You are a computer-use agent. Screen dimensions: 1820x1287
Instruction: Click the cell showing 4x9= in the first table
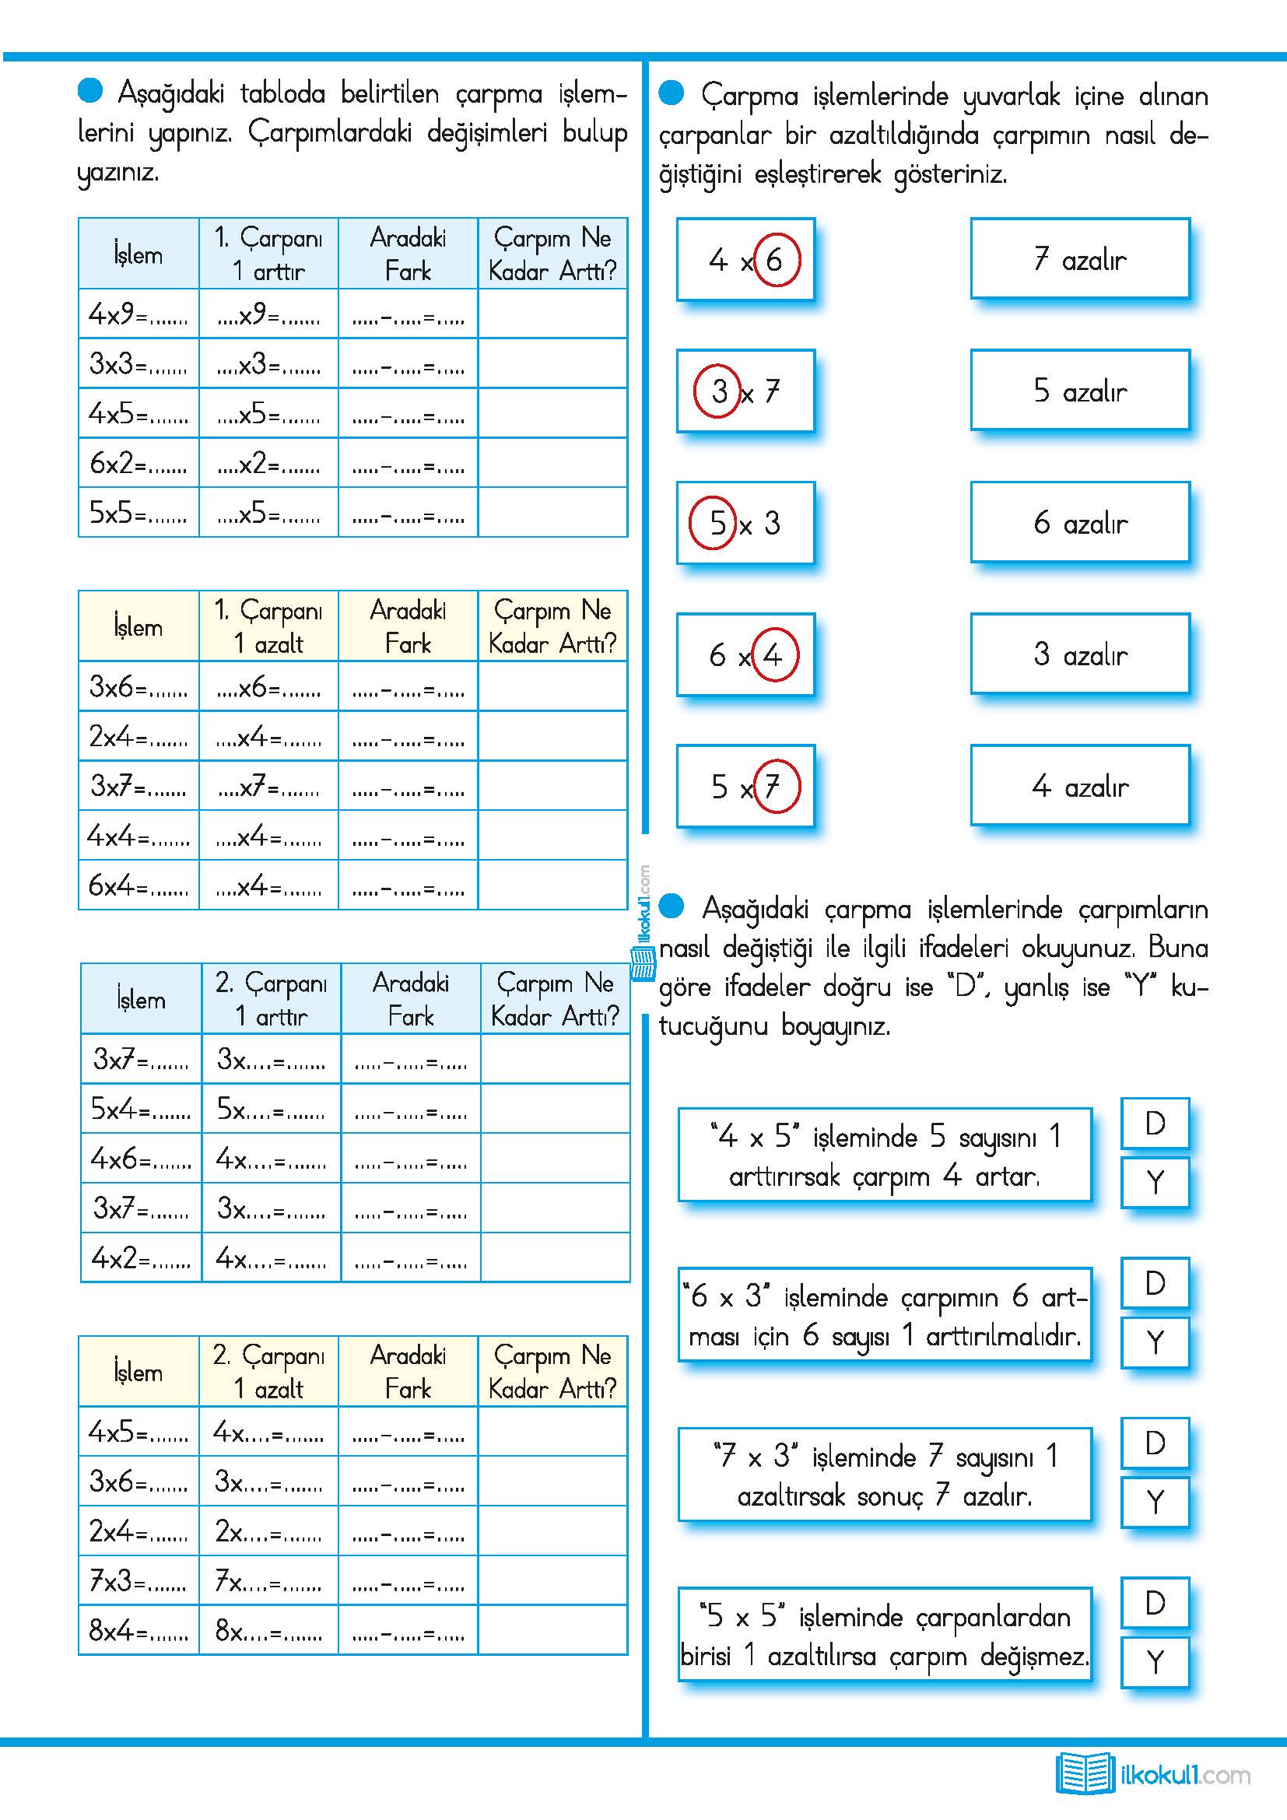tap(138, 314)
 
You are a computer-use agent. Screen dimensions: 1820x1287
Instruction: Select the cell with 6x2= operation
tap(138, 462)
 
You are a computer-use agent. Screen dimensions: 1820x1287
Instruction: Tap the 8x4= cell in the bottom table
tap(138, 1631)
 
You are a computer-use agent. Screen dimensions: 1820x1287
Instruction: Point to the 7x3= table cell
tap(138, 1580)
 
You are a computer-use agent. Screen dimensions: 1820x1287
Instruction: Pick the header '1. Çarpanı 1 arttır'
tap(268, 254)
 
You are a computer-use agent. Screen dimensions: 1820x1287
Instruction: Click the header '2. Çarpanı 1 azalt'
tap(268, 1371)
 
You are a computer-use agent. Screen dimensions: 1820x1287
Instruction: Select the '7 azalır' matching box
tap(1079, 259)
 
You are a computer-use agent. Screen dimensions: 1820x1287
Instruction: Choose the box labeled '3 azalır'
tap(1079, 654)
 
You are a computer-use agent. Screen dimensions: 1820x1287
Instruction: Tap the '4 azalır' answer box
tap(1079, 787)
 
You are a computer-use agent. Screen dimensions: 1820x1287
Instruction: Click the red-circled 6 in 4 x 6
tap(775, 259)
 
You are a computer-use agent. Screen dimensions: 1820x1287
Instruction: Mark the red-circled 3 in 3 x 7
tap(718, 391)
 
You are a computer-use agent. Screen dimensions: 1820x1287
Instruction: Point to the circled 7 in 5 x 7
tap(775, 787)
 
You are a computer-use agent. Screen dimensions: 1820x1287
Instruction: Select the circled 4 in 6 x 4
tap(773, 654)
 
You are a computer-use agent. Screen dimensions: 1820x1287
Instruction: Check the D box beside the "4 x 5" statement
tap(1155, 1124)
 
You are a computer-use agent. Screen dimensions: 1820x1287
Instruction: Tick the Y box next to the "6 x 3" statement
tap(1155, 1342)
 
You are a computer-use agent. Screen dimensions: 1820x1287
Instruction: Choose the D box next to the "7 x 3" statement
tap(1155, 1443)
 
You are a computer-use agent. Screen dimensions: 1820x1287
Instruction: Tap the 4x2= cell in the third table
tap(140, 1257)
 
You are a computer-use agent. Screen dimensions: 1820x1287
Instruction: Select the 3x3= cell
tap(138, 363)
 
